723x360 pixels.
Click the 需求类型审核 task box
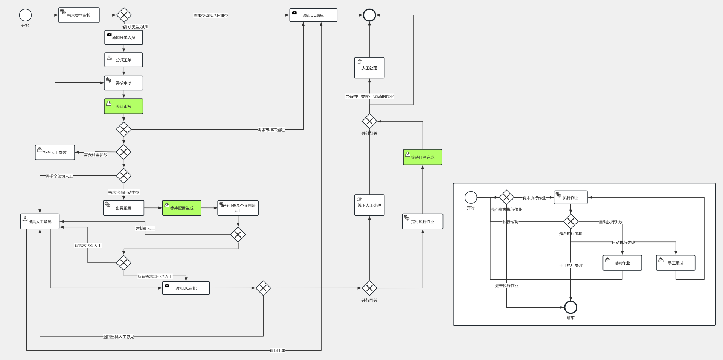[x=79, y=15]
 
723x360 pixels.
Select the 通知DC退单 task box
[x=313, y=15]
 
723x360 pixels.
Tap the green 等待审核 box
[x=124, y=106]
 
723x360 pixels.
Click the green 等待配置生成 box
[x=182, y=208]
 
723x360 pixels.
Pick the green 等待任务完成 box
[x=423, y=157]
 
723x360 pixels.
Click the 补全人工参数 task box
[x=55, y=153]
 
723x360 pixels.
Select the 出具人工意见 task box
[x=40, y=221]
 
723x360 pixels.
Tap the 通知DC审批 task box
[x=186, y=288]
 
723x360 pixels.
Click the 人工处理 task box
[x=369, y=68]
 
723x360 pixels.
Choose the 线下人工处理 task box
[x=369, y=205]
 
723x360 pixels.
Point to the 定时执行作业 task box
[x=423, y=221]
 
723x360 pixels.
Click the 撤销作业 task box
[x=622, y=263]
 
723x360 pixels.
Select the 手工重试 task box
[x=676, y=263]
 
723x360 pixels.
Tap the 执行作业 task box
[x=570, y=197]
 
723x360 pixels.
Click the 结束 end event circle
[x=570, y=307]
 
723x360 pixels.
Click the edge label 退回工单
[x=278, y=351]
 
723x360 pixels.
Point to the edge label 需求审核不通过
[x=271, y=130]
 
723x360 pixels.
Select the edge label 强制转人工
[x=145, y=228]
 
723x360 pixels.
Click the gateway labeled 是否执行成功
[x=570, y=221]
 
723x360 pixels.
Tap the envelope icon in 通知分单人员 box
[x=109, y=34]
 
